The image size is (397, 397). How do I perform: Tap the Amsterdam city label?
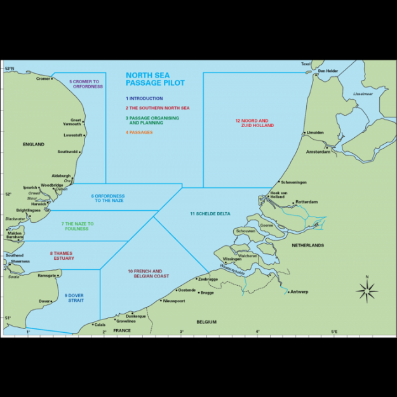[x=318, y=152]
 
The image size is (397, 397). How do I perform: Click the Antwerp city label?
[x=299, y=292]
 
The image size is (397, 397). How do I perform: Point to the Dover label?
[x=44, y=301]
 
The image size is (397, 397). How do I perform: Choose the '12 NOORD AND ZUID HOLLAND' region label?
[x=252, y=123]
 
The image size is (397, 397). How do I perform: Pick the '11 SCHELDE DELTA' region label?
[x=210, y=213]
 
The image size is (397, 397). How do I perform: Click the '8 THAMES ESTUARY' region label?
[x=62, y=255]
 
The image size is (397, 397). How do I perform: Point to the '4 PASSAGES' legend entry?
[x=138, y=132]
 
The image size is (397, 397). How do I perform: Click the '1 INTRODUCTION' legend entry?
[x=144, y=98]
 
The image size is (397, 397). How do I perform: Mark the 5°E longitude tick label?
[x=335, y=332]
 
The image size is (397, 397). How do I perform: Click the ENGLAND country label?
[x=34, y=144]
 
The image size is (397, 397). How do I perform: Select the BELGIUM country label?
[x=206, y=322]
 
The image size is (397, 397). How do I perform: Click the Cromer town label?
[x=43, y=79]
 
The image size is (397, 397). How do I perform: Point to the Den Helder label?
[x=328, y=71]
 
